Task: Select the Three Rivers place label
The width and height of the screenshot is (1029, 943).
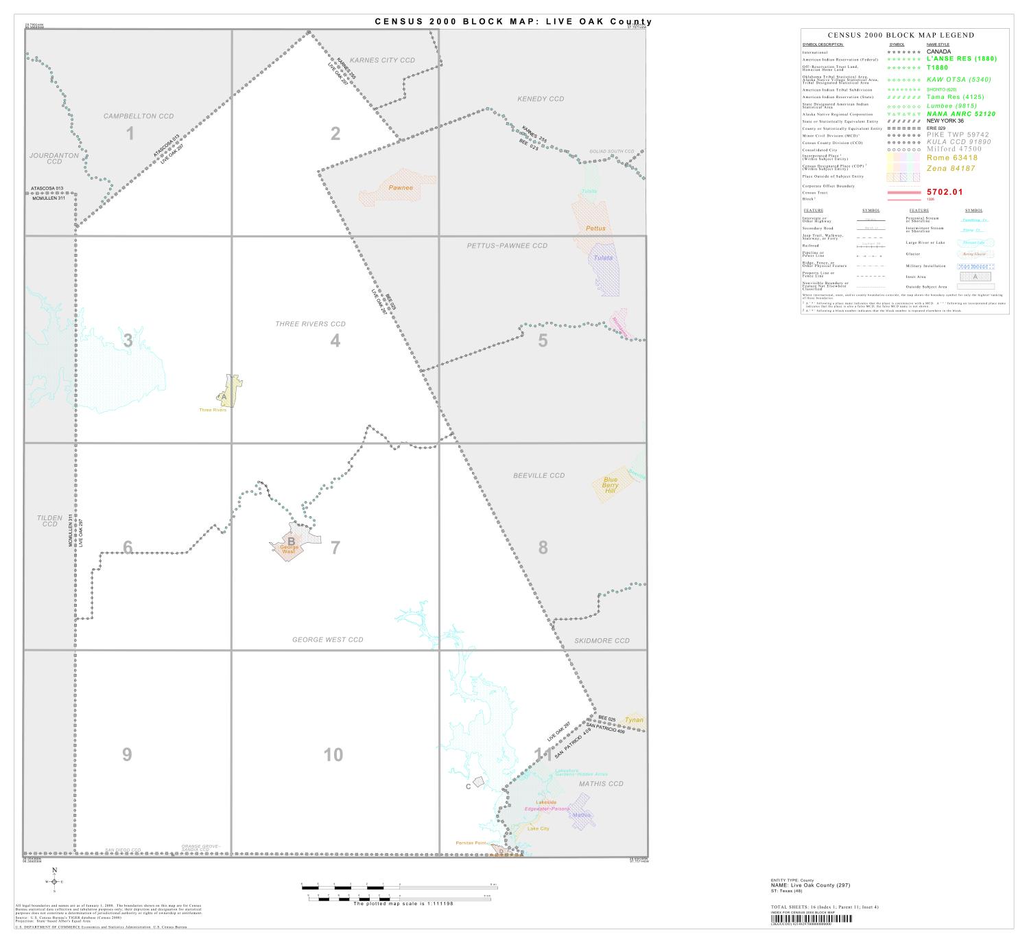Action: (213, 410)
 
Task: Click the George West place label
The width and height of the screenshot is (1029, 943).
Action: (289, 549)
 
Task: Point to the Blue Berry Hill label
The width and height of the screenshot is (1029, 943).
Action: (610, 485)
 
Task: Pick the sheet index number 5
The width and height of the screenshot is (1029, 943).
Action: (543, 340)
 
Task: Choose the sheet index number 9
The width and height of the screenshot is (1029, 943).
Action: (127, 754)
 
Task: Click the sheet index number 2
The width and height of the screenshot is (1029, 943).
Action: (335, 133)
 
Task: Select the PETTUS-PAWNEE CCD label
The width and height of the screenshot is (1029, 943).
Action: (508, 245)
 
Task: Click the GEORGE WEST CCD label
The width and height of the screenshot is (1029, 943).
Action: (328, 640)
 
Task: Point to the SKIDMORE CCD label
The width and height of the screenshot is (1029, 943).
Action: (602, 640)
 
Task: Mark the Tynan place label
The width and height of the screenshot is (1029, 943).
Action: (634, 720)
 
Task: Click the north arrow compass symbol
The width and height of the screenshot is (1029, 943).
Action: (54, 881)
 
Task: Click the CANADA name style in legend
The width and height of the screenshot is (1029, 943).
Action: (938, 51)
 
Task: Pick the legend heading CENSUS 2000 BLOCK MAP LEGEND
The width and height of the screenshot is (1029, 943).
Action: (901, 35)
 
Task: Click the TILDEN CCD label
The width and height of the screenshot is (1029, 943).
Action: (49, 521)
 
